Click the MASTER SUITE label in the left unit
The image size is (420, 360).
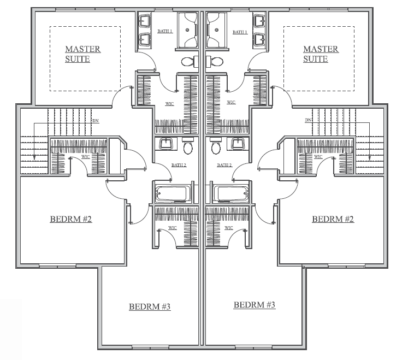83,54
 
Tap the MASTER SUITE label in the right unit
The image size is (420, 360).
321,54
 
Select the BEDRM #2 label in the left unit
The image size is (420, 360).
71,219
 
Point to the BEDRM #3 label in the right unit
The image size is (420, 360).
254,305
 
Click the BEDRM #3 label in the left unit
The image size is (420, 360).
150,306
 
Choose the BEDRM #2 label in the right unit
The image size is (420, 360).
333,219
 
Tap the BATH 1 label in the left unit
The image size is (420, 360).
165,31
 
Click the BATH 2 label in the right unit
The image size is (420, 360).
224,165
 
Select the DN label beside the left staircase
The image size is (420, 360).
96,121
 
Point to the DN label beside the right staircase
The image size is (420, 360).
308,120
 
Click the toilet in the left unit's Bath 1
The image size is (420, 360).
190,62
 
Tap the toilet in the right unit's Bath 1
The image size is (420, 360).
215,62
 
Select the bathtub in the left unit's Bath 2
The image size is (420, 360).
171,193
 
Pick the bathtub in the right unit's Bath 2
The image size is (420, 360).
232,193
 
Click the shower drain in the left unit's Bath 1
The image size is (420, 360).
187,30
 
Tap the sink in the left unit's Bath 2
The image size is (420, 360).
168,143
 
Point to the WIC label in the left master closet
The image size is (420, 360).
169,104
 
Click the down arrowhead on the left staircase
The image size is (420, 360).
34,158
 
